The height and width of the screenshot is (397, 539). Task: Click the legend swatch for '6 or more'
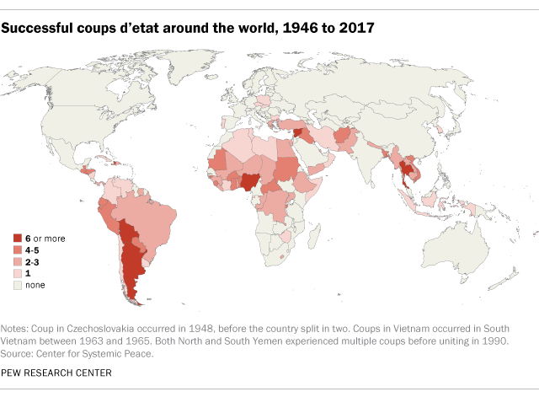18,239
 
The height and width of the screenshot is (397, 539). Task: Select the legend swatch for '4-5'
18,250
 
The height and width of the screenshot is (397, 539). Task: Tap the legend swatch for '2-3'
18,262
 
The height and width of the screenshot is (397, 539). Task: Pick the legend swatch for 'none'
18,285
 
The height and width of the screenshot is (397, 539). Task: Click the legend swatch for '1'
18,274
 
